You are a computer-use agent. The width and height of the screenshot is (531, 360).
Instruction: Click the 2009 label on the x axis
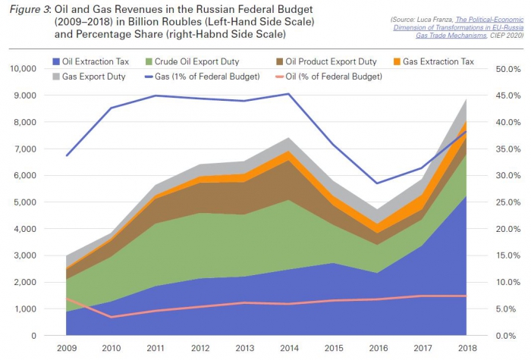point(68,346)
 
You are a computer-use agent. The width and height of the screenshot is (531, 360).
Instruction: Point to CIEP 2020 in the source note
point(497,35)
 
